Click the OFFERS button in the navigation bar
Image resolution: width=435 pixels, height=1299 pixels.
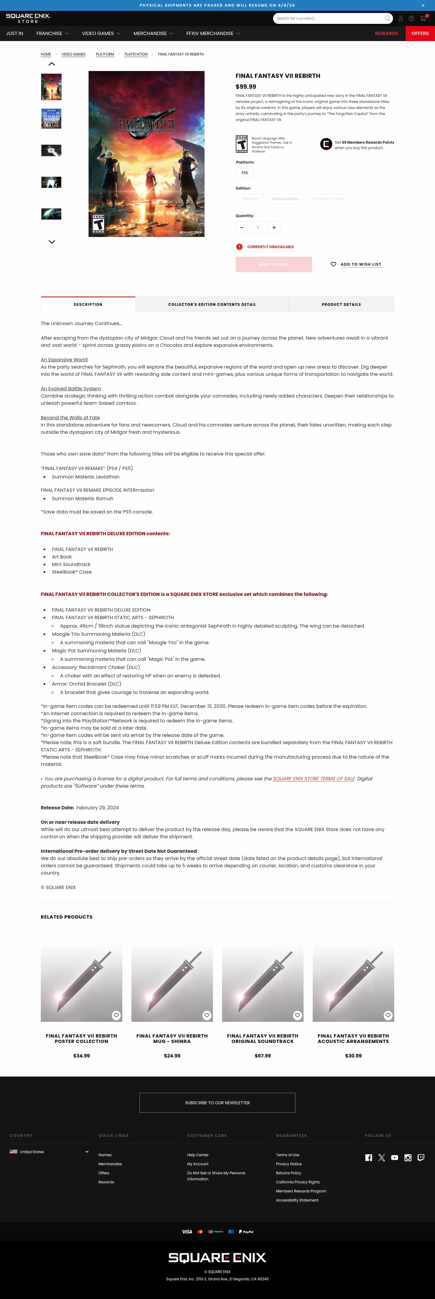click(420, 33)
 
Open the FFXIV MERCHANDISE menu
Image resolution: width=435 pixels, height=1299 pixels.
click(212, 33)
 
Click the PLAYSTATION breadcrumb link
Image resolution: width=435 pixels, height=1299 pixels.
click(136, 54)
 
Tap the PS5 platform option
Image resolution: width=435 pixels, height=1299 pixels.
click(245, 173)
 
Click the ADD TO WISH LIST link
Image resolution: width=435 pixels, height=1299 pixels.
click(360, 264)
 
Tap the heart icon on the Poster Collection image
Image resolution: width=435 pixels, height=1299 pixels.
click(116, 1015)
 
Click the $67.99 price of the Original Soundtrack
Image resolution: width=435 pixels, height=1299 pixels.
click(263, 1055)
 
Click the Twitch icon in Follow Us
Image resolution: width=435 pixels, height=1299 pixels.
click(420, 1158)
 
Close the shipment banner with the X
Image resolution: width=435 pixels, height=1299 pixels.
click(423, 5)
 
